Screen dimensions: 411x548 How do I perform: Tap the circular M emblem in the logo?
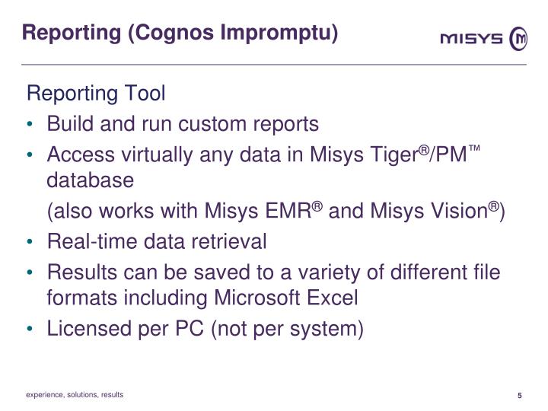pos(519,39)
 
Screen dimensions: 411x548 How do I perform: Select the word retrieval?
pos(231,242)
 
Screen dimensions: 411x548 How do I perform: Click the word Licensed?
pos(86,330)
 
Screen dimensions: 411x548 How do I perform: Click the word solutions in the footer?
pos(79,395)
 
